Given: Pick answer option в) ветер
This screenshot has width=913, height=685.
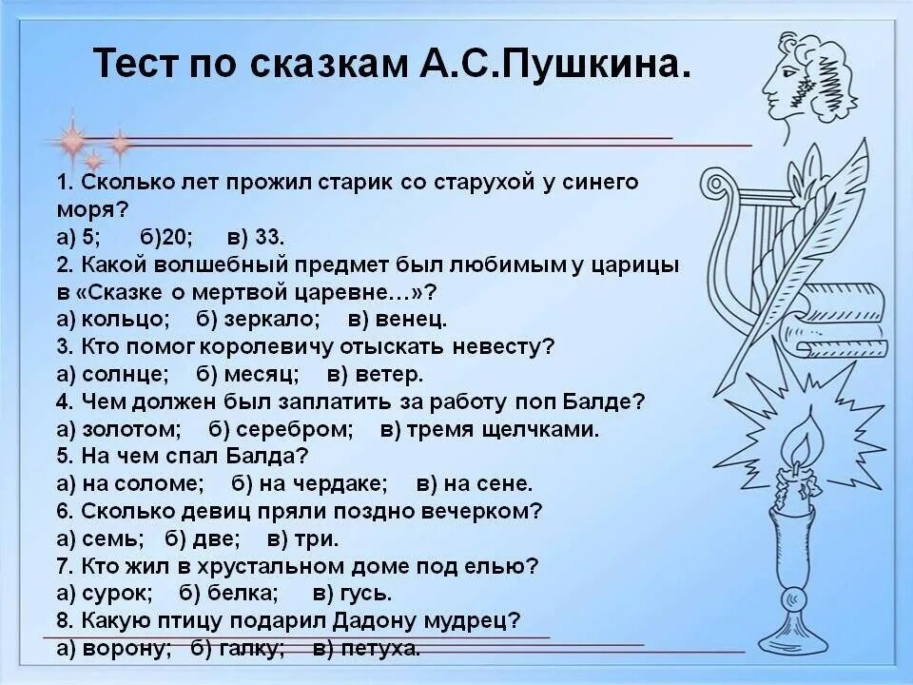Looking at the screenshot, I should point(375,374).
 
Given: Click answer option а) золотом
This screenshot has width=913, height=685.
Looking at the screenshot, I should point(119,429).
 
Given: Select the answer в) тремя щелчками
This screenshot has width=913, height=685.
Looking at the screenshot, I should point(490,429).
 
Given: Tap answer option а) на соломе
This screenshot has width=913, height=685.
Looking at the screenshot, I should point(131,483).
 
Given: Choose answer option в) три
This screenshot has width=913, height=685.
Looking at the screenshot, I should point(302,538).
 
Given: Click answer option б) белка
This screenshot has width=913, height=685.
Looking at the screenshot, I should point(228,594).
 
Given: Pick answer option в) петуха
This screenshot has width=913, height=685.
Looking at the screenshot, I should point(366,649).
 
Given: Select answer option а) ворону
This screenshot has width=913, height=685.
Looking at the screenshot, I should point(114,649).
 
